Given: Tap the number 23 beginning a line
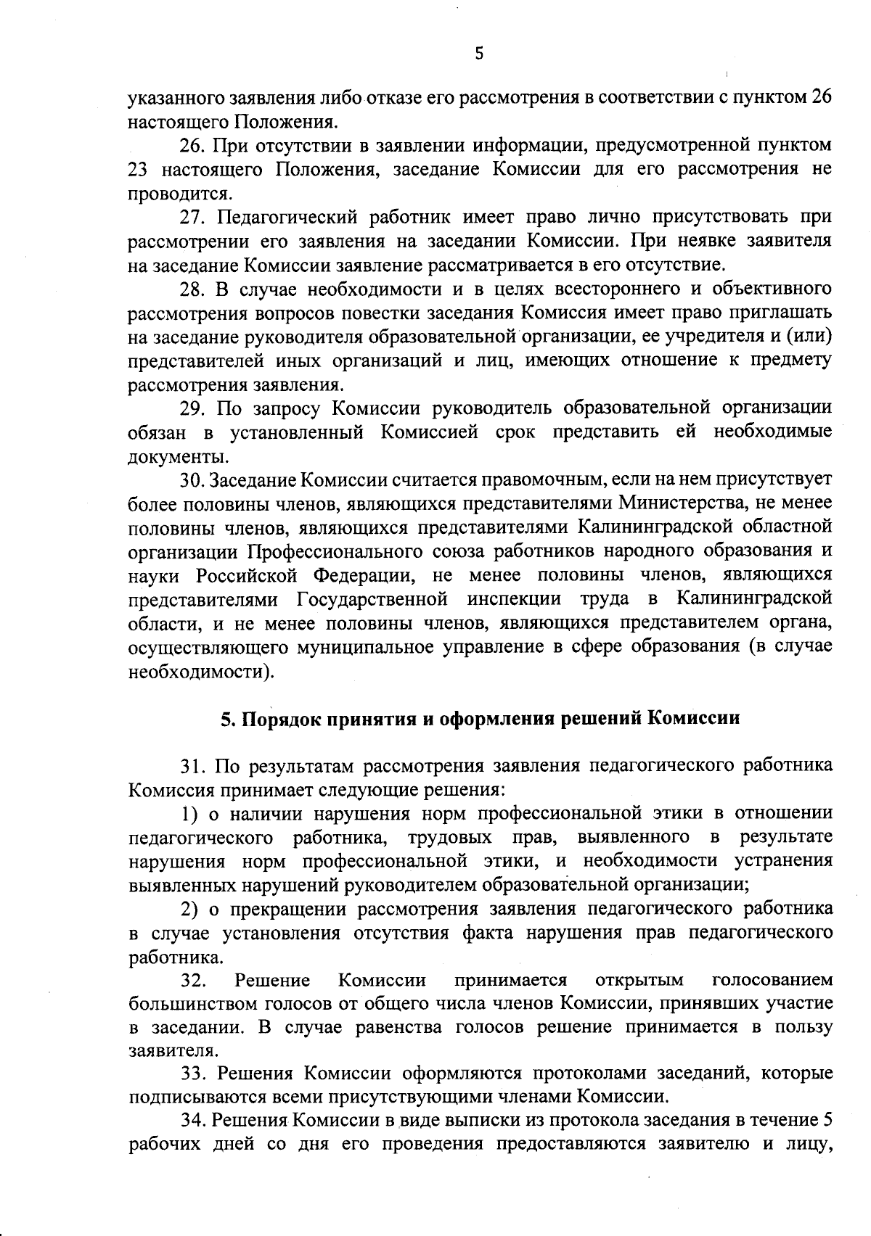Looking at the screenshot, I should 138,169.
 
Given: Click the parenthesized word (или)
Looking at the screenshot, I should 806,337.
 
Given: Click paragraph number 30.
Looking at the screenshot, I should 192,480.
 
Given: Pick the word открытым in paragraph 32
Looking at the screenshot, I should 639,981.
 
